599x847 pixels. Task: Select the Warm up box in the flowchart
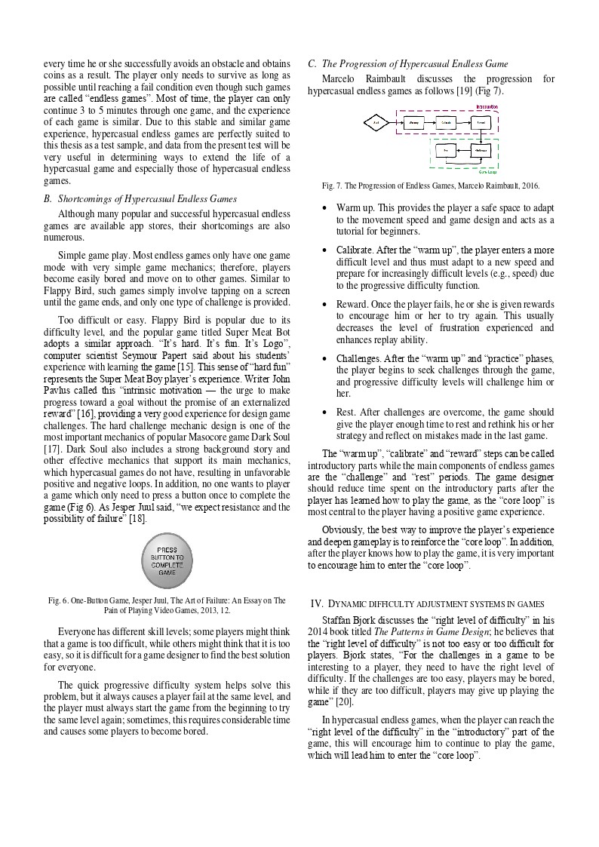pos(413,121)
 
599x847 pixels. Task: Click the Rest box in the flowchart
pos(446,151)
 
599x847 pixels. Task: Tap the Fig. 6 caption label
pos(58,601)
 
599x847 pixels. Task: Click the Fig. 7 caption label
pos(332,185)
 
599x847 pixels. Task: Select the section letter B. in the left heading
pos(49,199)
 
